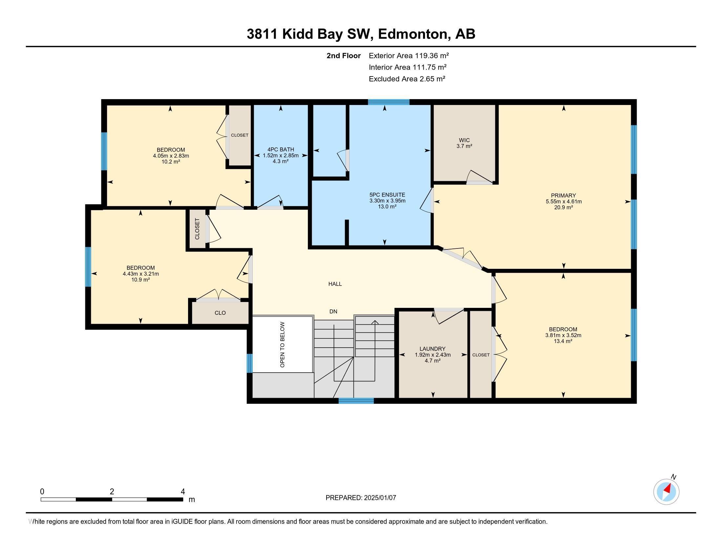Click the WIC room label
click(464, 140)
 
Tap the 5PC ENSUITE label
click(387, 195)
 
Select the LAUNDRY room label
click(433, 349)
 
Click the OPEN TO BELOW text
click(282, 345)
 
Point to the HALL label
click(335, 284)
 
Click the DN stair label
click(333, 311)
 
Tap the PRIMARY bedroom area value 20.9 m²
click(563, 207)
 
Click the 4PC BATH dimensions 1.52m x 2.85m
click(281, 155)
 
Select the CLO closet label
click(220, 313)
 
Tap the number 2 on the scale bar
click(112, 492)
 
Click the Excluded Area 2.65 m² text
click(407, 79)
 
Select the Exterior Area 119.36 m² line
click(409, 56)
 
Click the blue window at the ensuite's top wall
click(389, 102)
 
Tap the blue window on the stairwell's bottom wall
click(356, 401)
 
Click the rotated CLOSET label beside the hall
click(197, 229)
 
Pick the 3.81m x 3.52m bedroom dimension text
click(563, 335)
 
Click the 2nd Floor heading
click(344, 56)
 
